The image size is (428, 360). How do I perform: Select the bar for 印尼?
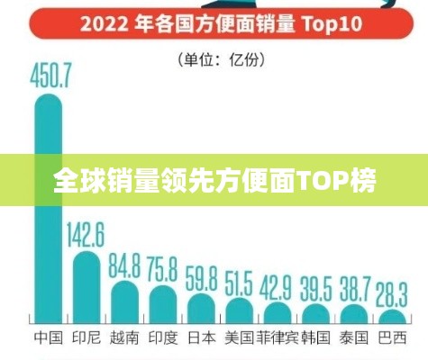coord(87,288)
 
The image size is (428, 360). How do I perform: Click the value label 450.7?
coord(47,77)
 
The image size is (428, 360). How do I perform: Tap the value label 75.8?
coord(162,269)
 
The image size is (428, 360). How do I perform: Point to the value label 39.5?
coord(315,288)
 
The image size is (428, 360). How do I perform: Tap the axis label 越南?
coord(124,338)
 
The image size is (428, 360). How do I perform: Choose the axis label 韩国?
coord(315,338)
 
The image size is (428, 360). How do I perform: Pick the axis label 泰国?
coord(353,338)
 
